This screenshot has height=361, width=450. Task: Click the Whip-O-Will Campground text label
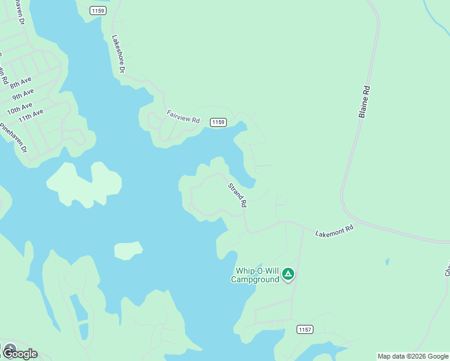click(x=256, y=275)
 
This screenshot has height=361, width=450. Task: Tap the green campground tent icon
click(x=288, y=275)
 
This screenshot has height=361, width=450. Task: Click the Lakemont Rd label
click(x=334, y=229)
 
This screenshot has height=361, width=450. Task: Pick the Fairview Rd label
click(x=183, y=116)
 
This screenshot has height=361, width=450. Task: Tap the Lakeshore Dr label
click(x=118, y=54)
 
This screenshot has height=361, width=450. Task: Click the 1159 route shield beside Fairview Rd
click(x=218, y=122)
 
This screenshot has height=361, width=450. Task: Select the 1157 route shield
click(x=305, y=329)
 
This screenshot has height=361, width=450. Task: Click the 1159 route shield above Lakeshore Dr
click(x=97, y=10)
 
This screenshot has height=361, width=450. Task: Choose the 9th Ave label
click(x=23, y=94)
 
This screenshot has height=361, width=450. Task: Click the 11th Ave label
click(x=31, y=115)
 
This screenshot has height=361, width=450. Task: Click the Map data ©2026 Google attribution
click(x=413, y=356)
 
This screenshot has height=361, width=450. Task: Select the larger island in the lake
click(x=84, y=184)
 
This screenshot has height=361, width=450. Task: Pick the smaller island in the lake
click(x=128, y=250)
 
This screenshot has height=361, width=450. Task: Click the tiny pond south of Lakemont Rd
click(x=387, y=262)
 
